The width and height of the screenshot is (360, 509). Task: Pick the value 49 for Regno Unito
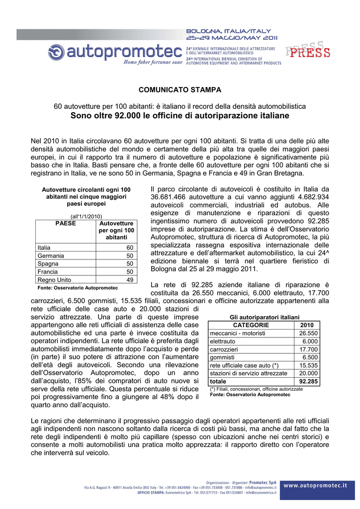[x=129, y=280]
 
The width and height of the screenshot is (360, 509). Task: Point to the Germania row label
[x=51, y=255]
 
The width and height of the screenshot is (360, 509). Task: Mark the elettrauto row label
[x=222, y=341]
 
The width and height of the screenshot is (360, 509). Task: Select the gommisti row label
[x=222, y=357]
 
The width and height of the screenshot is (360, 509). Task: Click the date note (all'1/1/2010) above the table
[x=86, y=216]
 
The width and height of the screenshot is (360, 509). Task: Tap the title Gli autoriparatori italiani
[x=264, y=317]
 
